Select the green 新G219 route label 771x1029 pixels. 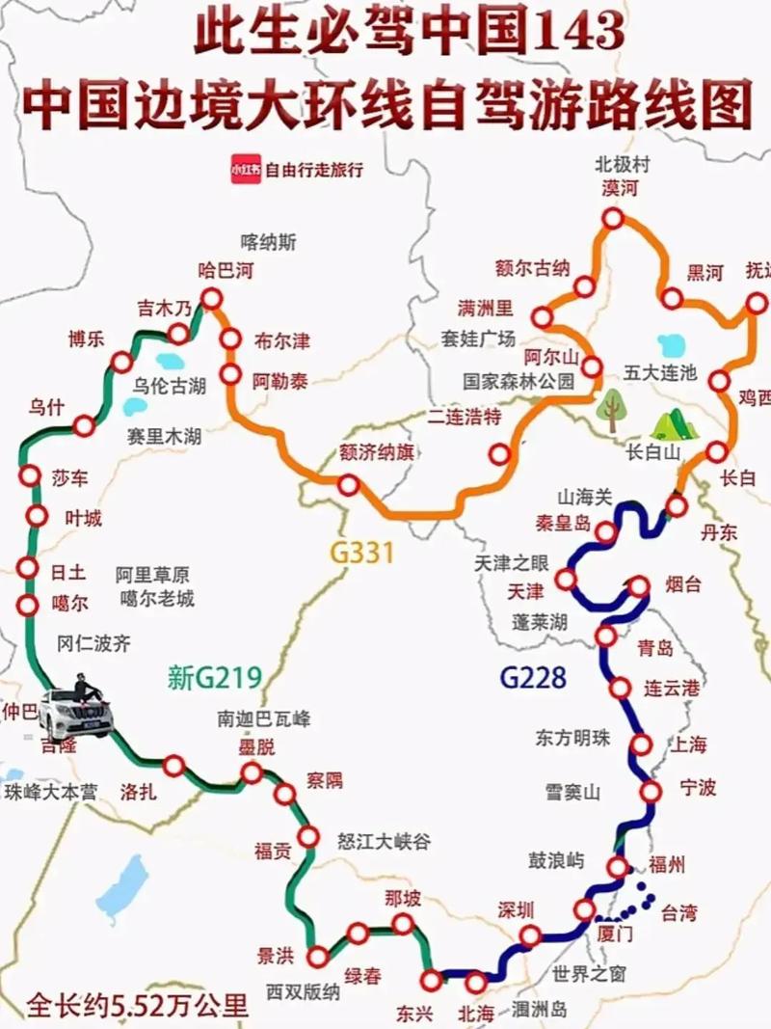(x=214, y=679)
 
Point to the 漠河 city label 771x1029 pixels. (x=619, y=188)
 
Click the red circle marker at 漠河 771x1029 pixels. (x=613, y=219)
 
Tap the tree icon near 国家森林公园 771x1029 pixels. (x=609, y=409)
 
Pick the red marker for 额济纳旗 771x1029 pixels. (x=348, y=485)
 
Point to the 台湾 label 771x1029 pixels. (x=678, y=912)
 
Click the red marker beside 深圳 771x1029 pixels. (x=530, y=935)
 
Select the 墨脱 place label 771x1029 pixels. (x=256, y=746)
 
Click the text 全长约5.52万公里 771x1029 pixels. (x=138, y=1006)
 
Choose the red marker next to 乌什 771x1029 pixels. (x=85, y=424)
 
